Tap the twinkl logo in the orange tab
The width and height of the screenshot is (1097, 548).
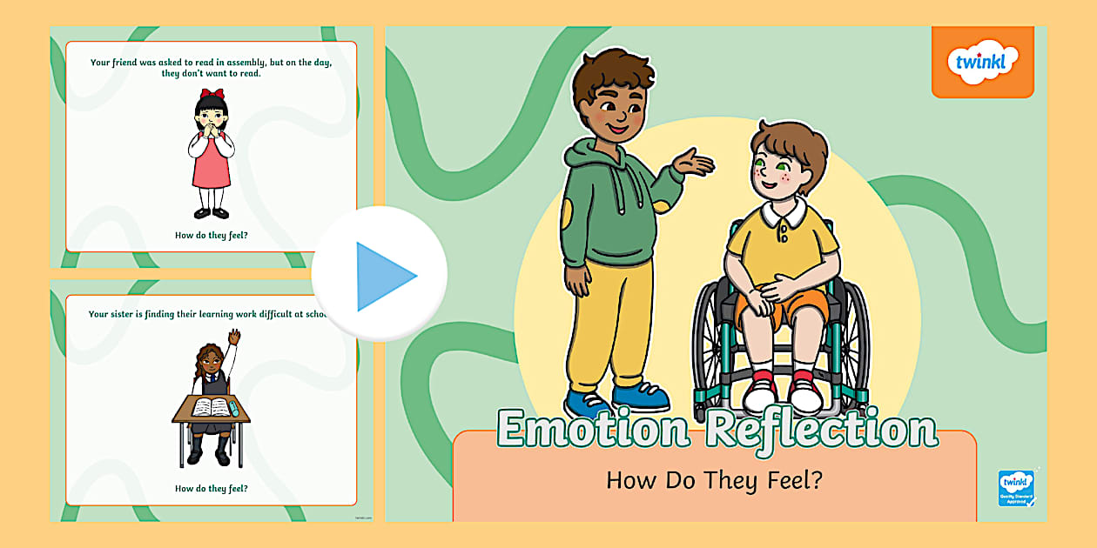pos(982,63)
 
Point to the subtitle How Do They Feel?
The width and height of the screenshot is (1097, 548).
pos(714,479)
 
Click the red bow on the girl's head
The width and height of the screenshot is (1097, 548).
pos(212,94)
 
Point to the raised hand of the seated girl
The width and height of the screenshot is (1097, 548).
pos(235,335)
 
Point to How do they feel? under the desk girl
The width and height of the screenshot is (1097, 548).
pos(212,488)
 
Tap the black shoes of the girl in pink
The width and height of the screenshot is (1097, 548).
pos(211,212)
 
